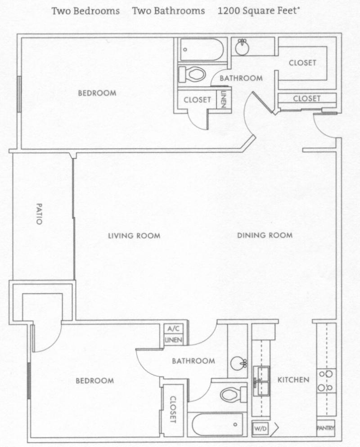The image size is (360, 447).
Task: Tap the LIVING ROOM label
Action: (x=134, y=235)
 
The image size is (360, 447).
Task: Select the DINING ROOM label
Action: (x=265, y=235)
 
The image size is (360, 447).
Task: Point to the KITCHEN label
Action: (x=293, y=380)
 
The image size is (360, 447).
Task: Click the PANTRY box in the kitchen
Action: (x=325, y=428)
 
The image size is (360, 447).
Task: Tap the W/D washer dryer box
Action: (x=260, y=429)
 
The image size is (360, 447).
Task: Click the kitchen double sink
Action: (x=261, y=380)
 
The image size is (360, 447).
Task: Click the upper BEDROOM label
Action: (x=97, y=93)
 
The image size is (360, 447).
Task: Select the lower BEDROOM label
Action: (x=94, y=380)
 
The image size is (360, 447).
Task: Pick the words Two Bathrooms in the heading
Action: (x=168, y=11)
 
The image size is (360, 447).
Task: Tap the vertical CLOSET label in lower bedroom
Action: (x=173, y=409)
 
